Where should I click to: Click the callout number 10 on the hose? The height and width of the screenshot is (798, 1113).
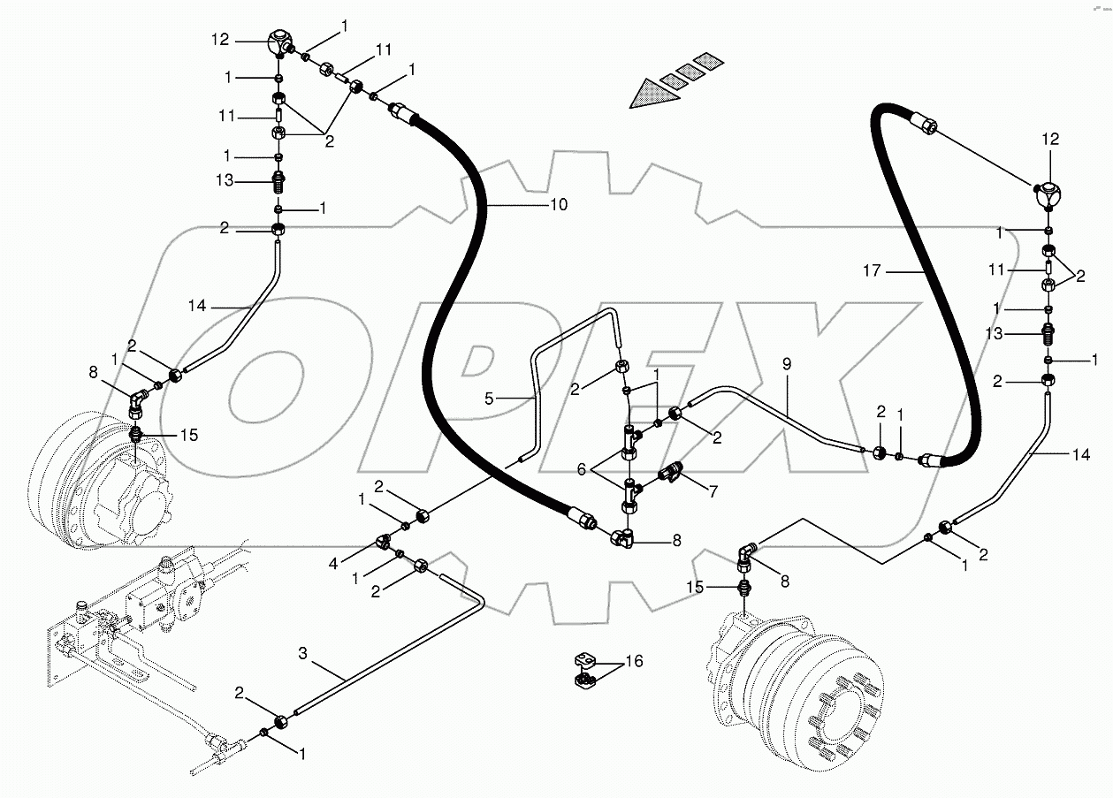(x=558, y=204)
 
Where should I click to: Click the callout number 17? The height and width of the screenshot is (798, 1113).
(x=872, y=270)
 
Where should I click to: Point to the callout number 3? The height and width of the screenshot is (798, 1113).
(x=302, y=653)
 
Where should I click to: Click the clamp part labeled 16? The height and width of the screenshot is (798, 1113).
(x=584, y=668)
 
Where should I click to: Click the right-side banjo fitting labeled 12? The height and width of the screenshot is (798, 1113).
(x=1050, y=194)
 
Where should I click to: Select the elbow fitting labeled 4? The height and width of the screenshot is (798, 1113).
(x=386, y=541)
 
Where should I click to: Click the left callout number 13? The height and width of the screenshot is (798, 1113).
(x=225, y=180)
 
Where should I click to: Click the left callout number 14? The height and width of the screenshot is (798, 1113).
(x=196, y=305)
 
